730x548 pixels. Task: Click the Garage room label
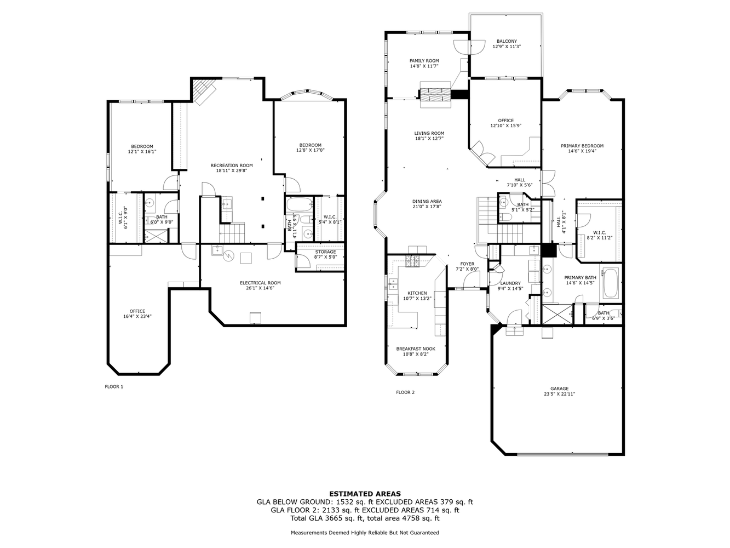559,389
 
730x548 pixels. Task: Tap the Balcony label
507,41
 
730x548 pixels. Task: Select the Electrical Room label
260,283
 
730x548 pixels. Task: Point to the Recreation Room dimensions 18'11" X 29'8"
232,170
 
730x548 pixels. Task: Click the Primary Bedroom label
582,146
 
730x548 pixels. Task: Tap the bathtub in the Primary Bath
611,283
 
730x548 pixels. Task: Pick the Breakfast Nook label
416,349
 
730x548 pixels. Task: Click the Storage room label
325,252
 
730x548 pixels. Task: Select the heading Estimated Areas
365,494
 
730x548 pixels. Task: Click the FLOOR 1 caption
114,387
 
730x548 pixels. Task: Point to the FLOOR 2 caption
405,392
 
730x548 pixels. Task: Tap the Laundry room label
510,283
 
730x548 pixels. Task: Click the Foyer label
467,264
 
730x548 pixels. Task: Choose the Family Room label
424,61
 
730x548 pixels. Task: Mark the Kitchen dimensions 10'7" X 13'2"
417,299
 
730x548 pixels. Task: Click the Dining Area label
427,201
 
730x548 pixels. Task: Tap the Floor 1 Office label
137,311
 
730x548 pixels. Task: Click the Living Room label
429,133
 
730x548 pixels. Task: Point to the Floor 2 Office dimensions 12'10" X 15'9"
506,126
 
